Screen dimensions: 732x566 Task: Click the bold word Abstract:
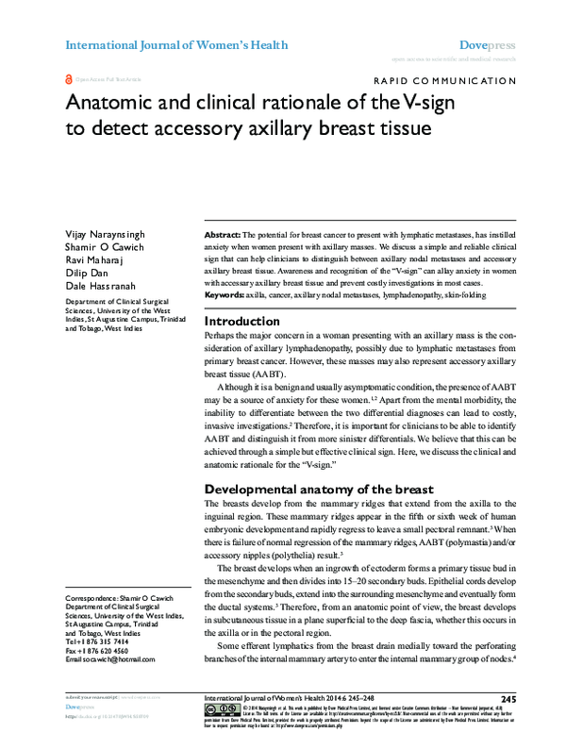click(223, 233)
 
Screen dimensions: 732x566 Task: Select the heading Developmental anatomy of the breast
click(319, 490)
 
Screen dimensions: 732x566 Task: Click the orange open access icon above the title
click(68, 81)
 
